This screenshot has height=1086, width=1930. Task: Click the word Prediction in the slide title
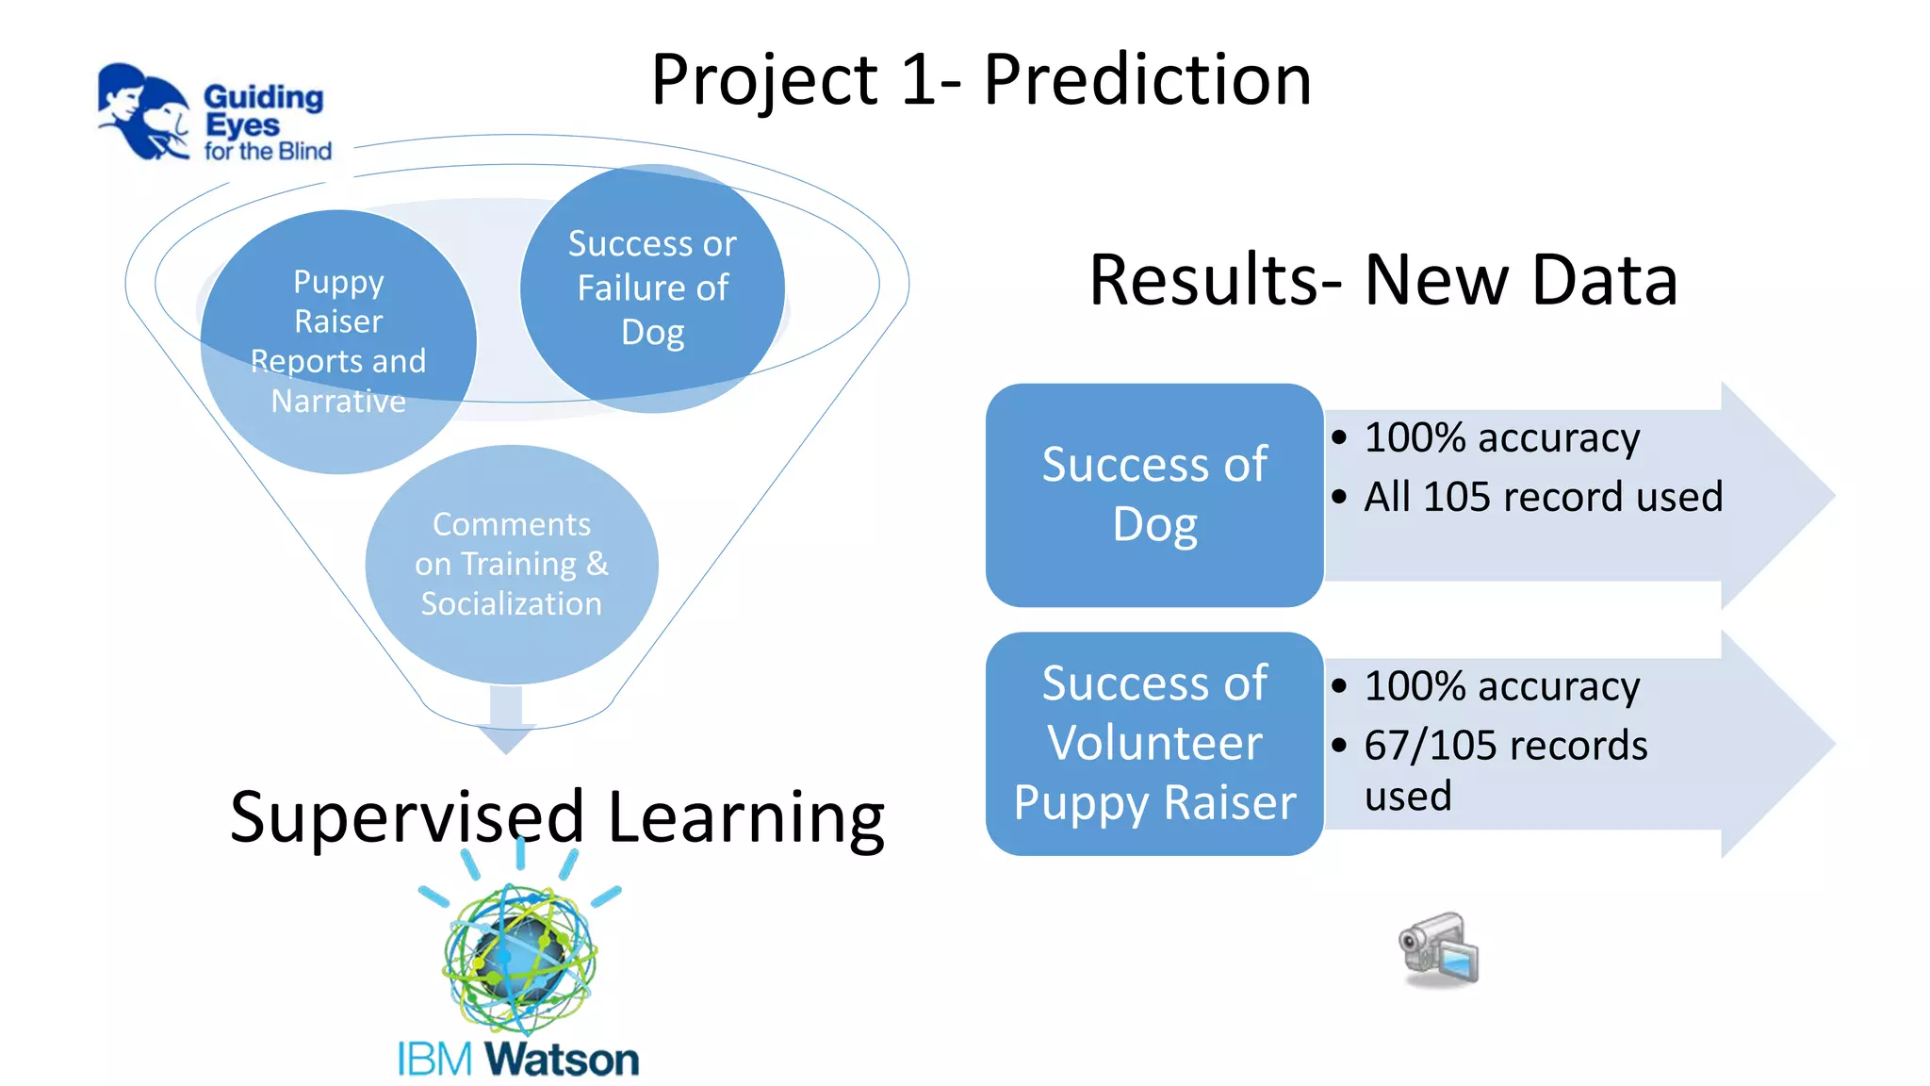tap(1147, 80)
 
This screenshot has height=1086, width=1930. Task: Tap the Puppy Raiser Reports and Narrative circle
tap(338, 341)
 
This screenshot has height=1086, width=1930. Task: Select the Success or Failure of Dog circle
tap(652, 288)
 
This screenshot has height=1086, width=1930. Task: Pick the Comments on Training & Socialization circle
tap(512, 564)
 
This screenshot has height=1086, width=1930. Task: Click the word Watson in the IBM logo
tap(563, 1060)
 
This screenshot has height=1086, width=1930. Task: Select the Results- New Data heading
tap(1382, 280)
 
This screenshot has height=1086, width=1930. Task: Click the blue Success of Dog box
tap(1154, 495)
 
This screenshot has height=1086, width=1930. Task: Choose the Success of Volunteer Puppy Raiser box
tap(1154, 743)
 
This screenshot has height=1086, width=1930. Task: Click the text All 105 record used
tap(1543, 497)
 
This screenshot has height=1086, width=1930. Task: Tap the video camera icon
tap(1439, 950)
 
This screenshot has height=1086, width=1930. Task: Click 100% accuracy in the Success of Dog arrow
tap(1501, 438)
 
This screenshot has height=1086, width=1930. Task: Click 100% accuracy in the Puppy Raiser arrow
tap(1501, 686)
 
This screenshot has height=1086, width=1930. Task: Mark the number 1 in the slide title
tap(918, 80)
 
